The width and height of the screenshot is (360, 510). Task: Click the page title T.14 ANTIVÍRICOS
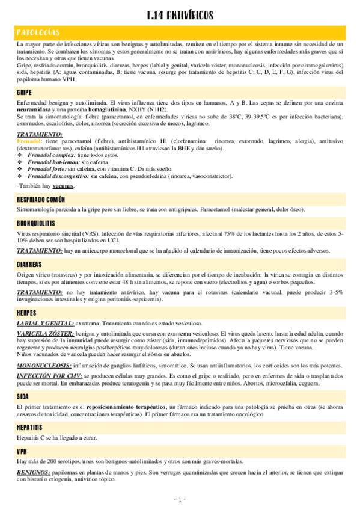[180, 14]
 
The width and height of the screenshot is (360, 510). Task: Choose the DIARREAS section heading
[29, 264]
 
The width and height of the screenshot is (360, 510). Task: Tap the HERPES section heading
[28, 313]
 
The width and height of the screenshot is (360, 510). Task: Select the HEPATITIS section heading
[31, 426]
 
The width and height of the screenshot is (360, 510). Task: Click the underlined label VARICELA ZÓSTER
[45, 333]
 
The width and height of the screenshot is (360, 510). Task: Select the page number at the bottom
[180, 500]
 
